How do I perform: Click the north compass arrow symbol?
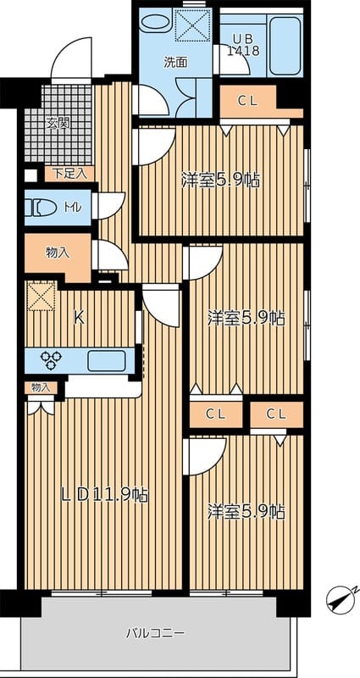[x=342, y=599]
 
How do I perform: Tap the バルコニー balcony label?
[x=156, y=633]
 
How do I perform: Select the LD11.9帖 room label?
[x=104, y=495]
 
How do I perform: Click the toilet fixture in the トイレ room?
[x=41, y=208]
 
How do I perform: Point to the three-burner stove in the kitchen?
[x=51, y=360]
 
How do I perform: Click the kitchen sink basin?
[x=107, y=361]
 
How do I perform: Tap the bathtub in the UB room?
[x=285, y=46]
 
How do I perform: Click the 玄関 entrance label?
[x=58, y=124]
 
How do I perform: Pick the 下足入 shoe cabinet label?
[x=69, y=174]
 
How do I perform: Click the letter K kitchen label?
[x=79, y=319]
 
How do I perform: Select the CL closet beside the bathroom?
[x=248, y=101]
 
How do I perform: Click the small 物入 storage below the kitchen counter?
[x=41, y=388]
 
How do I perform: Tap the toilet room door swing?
[x=108, y=205]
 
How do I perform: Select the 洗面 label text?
[x=176, y=62]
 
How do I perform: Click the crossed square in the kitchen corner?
[x=42, y=296]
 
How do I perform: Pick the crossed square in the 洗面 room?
[x=192, y=25]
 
